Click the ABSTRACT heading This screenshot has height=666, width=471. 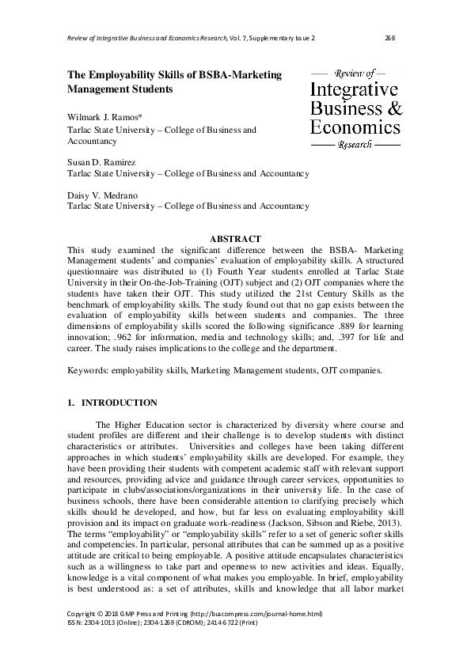coord(235,238)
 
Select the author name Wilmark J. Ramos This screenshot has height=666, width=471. coord(97,117)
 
